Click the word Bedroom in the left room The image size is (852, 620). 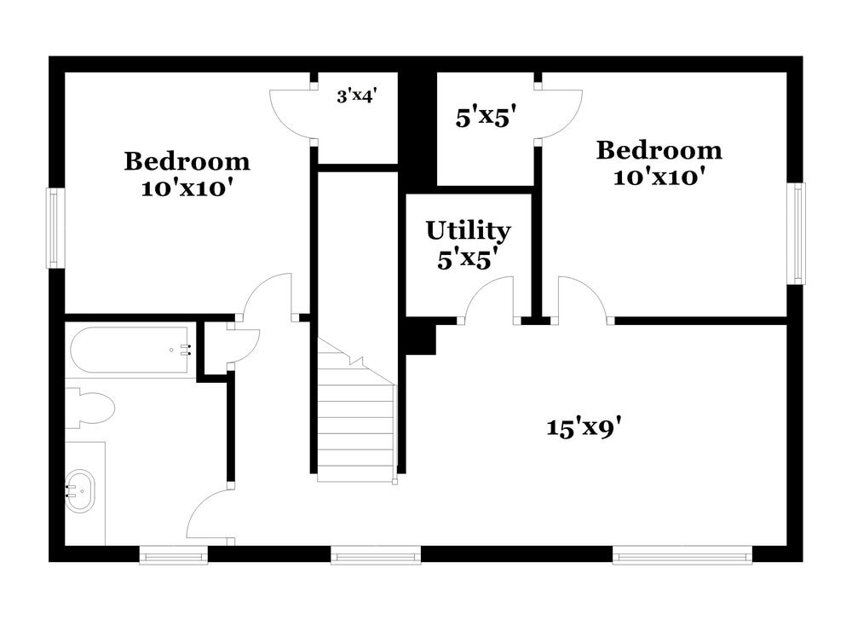tap(187, 160)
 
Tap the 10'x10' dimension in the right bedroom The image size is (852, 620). tap(658, 177)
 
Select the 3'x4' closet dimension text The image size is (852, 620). tap(356, 96)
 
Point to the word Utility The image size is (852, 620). tap(468, 230)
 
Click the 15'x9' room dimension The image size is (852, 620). tap(583, 427)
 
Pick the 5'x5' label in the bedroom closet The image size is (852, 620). tap(486, 118)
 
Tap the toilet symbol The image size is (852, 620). tap(89, 407)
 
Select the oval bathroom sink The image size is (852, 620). tap(80, 490)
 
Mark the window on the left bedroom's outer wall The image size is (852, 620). tap(55, 228)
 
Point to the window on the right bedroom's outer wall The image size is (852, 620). tap(796, 233)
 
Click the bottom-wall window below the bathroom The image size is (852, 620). tap(173, 556)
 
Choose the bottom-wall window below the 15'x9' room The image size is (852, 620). tap(682, 556)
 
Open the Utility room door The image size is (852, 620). tap(488, 300)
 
